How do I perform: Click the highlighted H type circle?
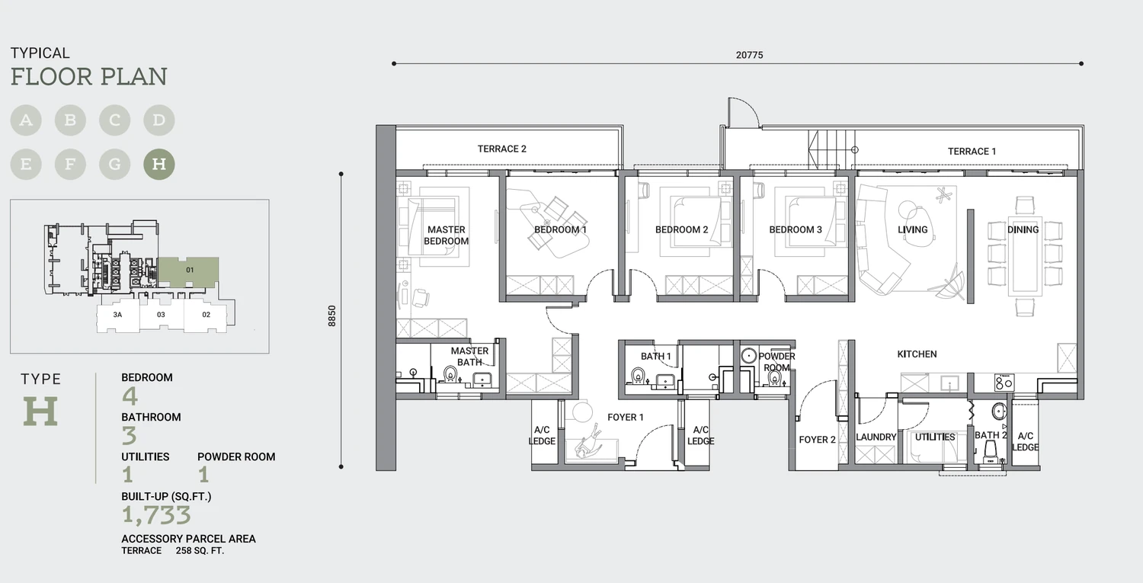[159, 164]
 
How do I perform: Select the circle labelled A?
[26, 120]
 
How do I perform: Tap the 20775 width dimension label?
[749, 55]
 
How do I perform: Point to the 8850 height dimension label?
[332, 316]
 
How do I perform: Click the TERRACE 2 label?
[501, 149]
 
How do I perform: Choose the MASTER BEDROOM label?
[446, 235]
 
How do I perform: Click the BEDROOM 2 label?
[682, 229]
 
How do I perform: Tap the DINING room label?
[1023, 229]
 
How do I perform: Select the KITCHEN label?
[917, 354]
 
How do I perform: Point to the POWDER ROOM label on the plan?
[776, 361]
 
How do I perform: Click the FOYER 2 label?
[817, 440]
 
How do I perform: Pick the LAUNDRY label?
[876, 437]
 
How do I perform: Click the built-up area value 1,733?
[156, 515]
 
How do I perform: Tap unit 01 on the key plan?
[190, 270]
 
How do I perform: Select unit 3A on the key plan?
[117, 315]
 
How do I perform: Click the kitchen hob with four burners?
[1004, 382]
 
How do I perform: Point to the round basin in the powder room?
[748, 355]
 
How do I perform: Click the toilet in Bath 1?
[637, 376]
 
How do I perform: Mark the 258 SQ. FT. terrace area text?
[200, 551]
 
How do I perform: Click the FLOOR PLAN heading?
[89, 76]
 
